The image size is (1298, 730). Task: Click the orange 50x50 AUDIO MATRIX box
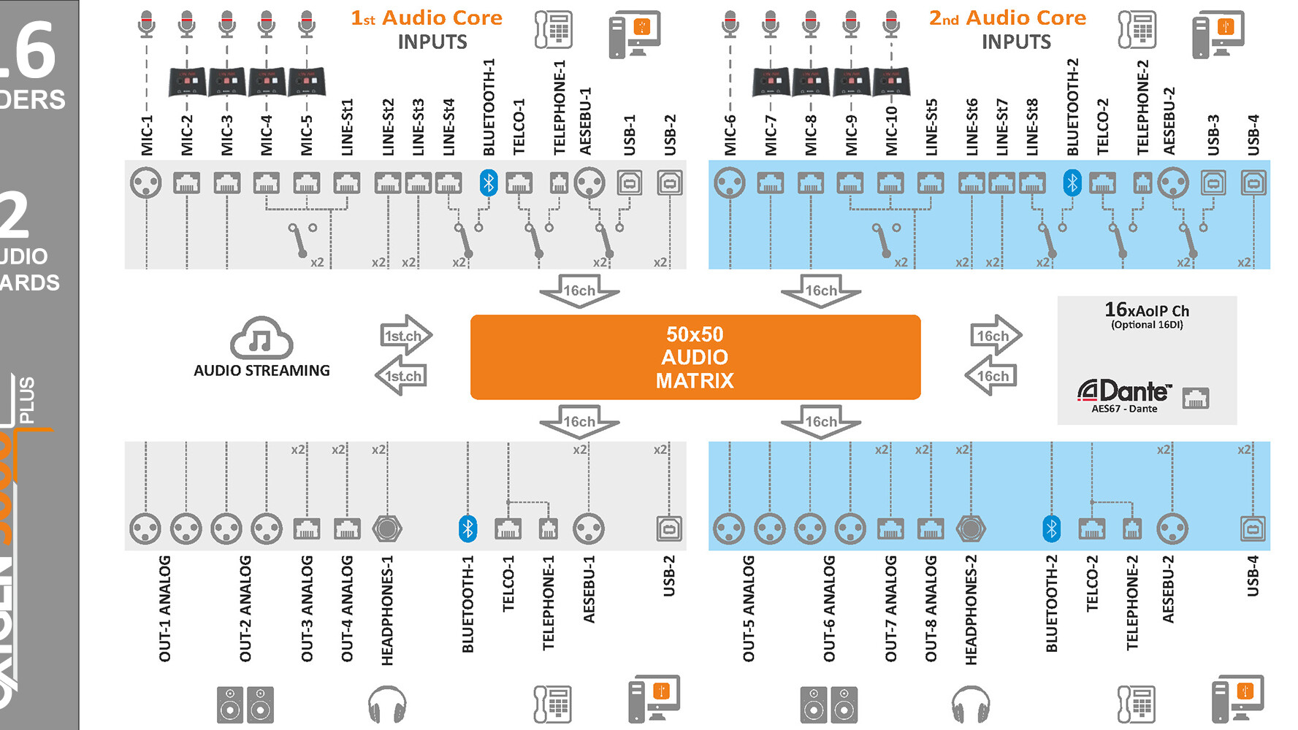click(695, 357)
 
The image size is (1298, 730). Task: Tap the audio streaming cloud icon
click(261, 337)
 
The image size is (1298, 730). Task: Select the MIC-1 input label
click(147, 135)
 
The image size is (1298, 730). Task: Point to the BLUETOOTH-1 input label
click(489, 107)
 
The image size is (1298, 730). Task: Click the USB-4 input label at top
click(1253, 135)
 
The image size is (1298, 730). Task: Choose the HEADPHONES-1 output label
click(387, 610)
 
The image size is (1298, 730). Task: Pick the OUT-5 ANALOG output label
click(749, 609)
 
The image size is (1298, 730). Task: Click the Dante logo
click(1124, 391)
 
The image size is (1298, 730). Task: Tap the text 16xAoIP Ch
click(1147, 310)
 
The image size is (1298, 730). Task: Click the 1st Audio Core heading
click(427, 18)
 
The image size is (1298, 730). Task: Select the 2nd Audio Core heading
click(1007, 18)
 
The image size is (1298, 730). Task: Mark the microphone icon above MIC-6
click(730, 24)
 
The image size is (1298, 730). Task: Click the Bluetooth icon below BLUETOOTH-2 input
click(1072, 182)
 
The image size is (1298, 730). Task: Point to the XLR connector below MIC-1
click(145, 182)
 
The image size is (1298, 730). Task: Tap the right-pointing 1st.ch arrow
click(405, 335)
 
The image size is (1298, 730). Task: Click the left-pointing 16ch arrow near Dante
click(990, 376)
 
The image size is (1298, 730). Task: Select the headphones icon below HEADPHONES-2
click(971, 704)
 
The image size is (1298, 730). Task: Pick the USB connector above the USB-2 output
click(669, 529)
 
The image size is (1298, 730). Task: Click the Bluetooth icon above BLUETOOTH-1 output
click(467, 529)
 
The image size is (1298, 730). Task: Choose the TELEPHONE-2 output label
click(1132, 603)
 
